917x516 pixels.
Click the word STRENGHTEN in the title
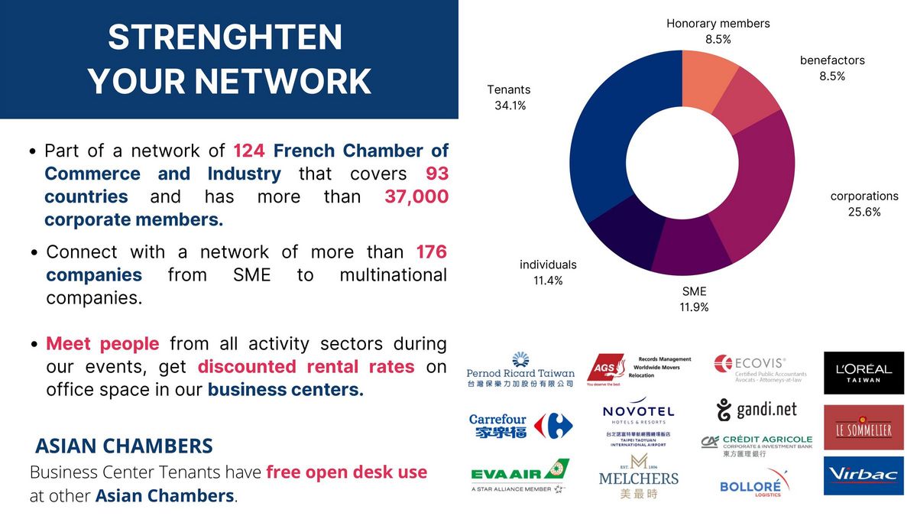tap(225, 37)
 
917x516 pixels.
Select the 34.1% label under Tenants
tap(510, 105)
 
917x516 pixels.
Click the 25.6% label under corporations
tap(864, 212)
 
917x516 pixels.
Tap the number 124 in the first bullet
tap(248, 151)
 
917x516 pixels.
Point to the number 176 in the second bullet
tap(431, 252)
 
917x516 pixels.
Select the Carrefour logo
tap(520, 426)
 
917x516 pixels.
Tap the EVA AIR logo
tap(520, 475)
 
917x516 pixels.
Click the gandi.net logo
tap(757, 411)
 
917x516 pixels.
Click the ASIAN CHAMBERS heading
tap(124, 446)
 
